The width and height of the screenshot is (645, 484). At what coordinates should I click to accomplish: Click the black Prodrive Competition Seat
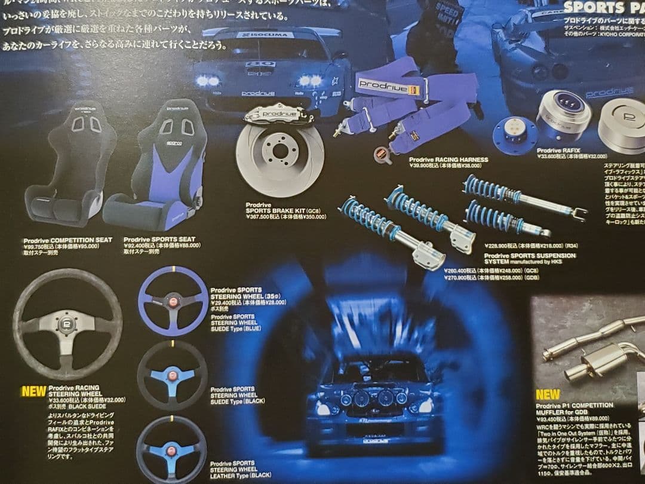pyautogui.click(x=70, y=167)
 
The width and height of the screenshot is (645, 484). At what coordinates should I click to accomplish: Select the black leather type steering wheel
pyautogui.click(x=171, y=449)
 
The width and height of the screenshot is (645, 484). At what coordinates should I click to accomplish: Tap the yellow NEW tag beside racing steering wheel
pyautogui.click(x=33, y=392)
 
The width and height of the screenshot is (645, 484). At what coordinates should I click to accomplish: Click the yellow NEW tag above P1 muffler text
pyautogui.click(x=547, y=394)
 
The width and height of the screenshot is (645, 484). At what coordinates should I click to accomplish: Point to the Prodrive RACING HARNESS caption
pyautogui.click(x=448, y=160)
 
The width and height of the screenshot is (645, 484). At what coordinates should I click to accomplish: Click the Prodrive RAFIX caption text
pyautogui.click(x=558, y=151)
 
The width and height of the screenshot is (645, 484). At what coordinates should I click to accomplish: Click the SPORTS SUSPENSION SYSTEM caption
pyautogui.click(x=529, y=258)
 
